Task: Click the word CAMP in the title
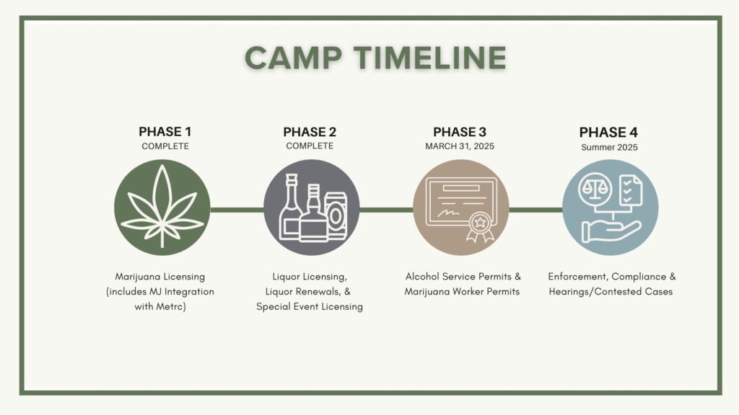[293, 58]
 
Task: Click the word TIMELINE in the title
[430, 58]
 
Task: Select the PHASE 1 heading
[165, 132]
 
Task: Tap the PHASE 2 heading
[310, 132]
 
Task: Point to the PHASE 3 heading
[460, 132]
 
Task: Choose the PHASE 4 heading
[608, 133]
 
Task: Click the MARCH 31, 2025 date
[460, 146]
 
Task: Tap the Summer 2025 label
[609, 147]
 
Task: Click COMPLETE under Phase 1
[165, 146]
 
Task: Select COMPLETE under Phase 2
[310, 146]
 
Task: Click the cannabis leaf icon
[162, 205]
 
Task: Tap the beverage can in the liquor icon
[335, 215]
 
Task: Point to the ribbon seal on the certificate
[480, 226]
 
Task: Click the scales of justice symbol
[595, 189]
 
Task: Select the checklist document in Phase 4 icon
[631, 190]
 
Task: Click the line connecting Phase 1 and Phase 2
[237, 210]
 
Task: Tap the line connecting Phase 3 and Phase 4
[536, 210]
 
